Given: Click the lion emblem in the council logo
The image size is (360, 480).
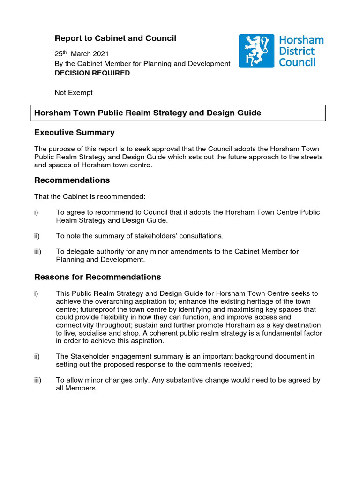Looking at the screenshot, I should click(x=256, y=51).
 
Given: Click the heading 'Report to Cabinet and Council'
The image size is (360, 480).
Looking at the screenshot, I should click(x=115, y=38).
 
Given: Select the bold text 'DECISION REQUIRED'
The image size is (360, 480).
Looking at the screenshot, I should click(x=92, y=73).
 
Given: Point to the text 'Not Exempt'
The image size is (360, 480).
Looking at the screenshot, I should click(x=74, y=93).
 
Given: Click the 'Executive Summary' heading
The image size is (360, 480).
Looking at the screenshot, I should click(x=74, y=133).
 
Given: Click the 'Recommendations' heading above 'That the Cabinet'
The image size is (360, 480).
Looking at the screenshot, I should click(x=72, y=180).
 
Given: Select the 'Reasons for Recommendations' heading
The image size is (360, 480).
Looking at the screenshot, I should click(x=97, y=277).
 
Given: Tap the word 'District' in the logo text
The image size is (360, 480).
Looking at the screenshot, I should click(x=297, y=51).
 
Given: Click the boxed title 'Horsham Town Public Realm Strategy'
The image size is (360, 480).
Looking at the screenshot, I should click(x=147, y=113).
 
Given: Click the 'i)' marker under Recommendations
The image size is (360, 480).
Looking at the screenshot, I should click(x=36, y=212).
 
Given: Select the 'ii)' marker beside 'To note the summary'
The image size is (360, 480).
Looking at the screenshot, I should click(x=37, y=236).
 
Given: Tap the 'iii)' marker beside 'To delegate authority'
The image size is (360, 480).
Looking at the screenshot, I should click(x=38, y=252).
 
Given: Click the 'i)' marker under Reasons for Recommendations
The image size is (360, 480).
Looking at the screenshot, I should click(x=36, y=293).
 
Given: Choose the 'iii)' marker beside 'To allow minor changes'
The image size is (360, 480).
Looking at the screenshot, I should click(x=38, y=380).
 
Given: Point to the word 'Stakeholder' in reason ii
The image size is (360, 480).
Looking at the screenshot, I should click(x=89, y=357).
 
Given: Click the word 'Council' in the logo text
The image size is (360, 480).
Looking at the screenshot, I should click(x=297, y=62).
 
